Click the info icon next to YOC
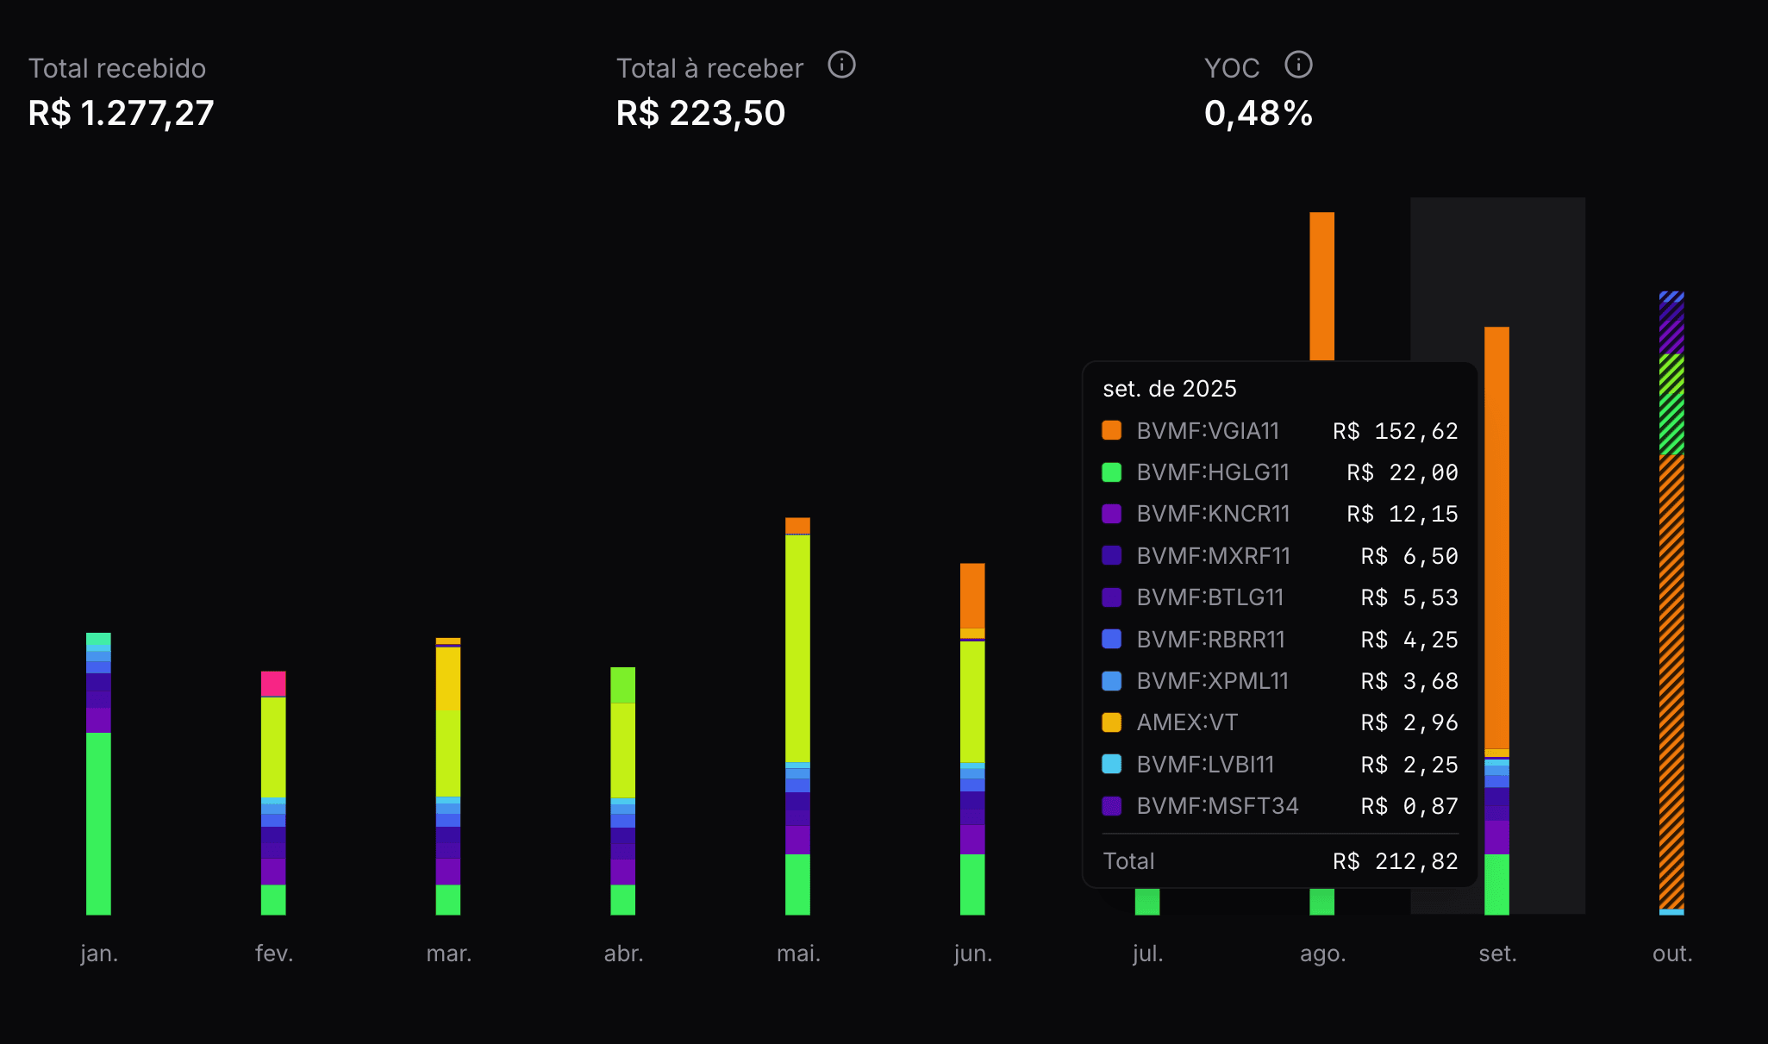click(1298, 65)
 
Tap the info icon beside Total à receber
click(841, 65)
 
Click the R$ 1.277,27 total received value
click(121, 113)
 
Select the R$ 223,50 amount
click(701, 113)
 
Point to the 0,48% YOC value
click(1258, 113)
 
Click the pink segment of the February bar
click(273, 684)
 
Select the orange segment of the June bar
click(972, 596)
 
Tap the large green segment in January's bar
click(98, 822)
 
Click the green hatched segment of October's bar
click(1671, 404)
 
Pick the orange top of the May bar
click(797, 525)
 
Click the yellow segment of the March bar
click(448, 678)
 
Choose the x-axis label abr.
click(623, 953)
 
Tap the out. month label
click(1672, 953)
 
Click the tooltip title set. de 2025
click(1170, 389)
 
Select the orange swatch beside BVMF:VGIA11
click(1112, 430)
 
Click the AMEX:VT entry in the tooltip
click(1187, 722)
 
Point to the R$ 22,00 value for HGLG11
click(1403, 472)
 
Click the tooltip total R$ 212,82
click(1396, 861)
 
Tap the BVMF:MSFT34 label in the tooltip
click(1217, 806)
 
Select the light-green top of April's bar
click(623, 685)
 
